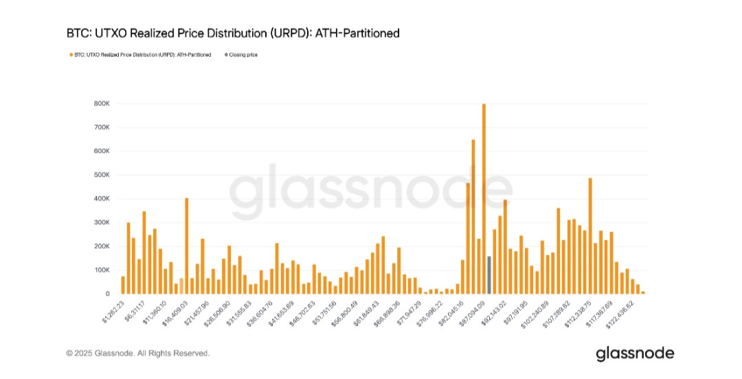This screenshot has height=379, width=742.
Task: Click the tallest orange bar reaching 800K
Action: tap(484, 199)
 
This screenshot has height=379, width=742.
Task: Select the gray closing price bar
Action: tap(489, 275)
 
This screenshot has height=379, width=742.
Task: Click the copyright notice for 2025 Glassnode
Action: tap(137, 353)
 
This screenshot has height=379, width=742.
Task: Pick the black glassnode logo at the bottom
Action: tap(635, 354)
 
